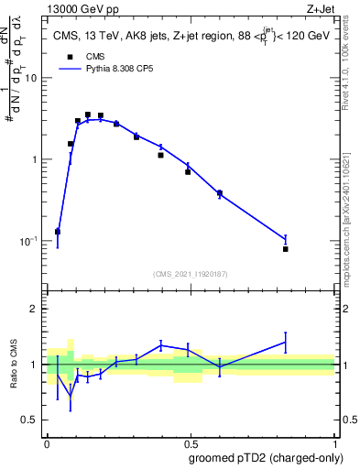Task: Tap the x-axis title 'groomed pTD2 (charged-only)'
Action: click(266, 457)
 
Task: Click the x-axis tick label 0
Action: click(47, 442)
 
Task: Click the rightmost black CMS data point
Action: click(286, 249)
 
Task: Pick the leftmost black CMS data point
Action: click(58, 232)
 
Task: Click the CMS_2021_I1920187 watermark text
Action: click(190, 274)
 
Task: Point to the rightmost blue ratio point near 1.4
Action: click(286, 343)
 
